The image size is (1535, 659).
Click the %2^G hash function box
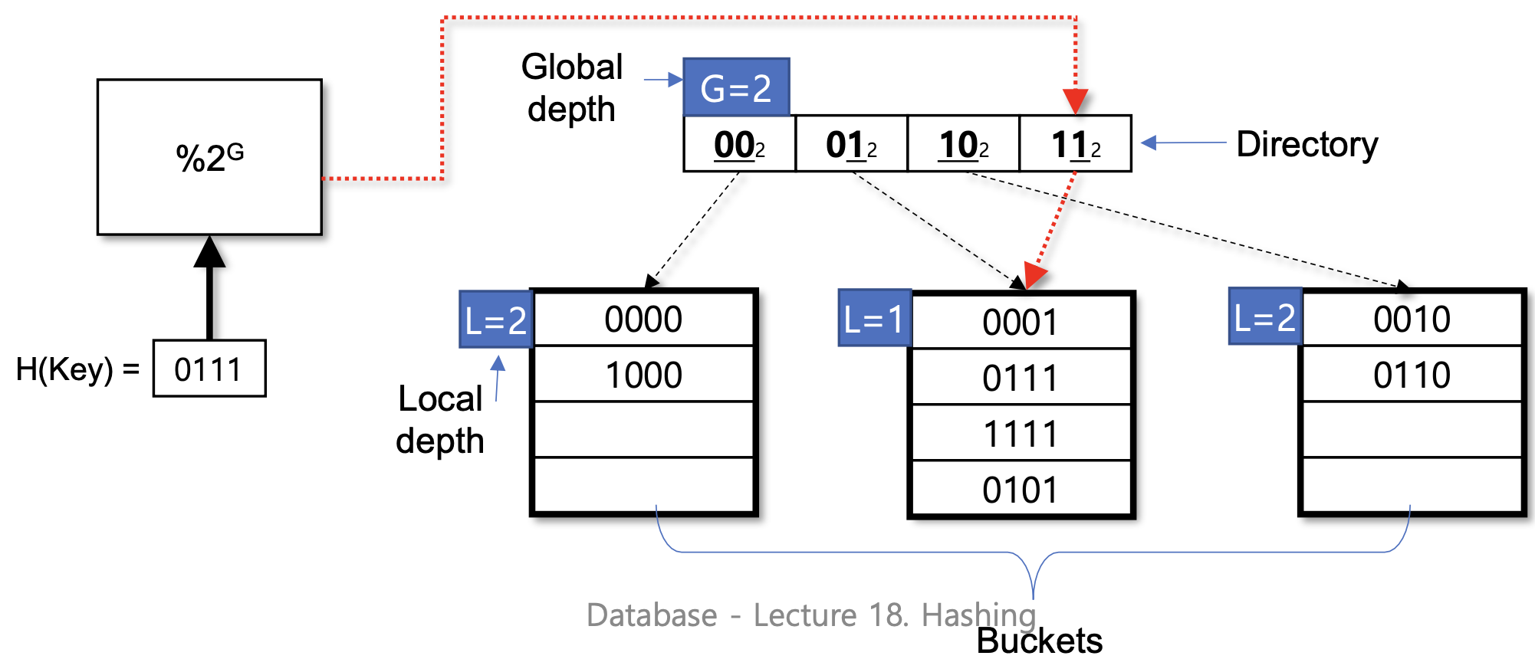[209, 157]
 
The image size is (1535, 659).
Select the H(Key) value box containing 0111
[209, 369]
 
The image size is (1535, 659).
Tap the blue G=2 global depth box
[736, 87]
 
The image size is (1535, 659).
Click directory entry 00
[739, 144]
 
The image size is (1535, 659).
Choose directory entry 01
[851, 144]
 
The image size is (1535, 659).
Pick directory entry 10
[963, 144]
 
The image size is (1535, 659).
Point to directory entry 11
[1075, 144]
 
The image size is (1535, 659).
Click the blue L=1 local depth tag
[875, 318]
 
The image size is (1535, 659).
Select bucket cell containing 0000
[643, 319]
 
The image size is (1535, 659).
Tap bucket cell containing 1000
[643, 375]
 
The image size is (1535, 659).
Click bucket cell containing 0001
[1021, 322]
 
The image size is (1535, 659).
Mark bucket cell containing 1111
[1021, 434]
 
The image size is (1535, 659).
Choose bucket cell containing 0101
[1021, 490]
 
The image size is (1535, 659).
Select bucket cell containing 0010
[1412, 319]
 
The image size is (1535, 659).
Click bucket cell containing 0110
[1412, 375]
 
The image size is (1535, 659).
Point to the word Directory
[1307, 144]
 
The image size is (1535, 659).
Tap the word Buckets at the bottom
[1039, 641]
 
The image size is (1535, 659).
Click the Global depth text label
[572, 87]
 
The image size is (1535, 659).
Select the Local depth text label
[440, 420]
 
